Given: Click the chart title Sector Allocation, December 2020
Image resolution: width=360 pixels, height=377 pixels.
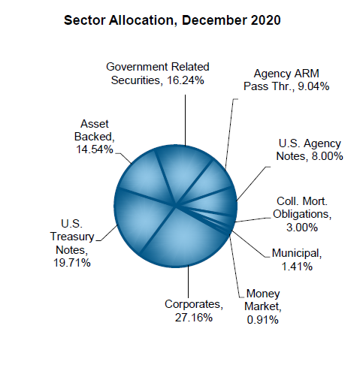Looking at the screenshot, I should (x=174, y=21).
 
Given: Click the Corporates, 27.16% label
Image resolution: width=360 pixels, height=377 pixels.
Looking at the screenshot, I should (x=193, y=311).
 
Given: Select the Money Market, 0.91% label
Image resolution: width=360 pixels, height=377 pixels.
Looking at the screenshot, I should (x=261, y=306).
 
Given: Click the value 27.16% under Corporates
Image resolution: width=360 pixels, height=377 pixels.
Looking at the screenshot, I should (x=193, y=318).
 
